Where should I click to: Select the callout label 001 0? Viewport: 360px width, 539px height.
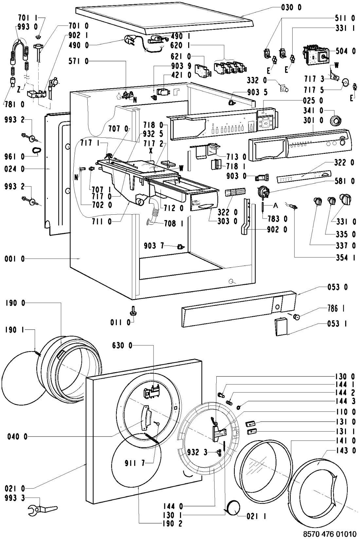tap(15, 259)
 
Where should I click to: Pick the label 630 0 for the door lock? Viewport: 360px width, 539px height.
tap(122, 345)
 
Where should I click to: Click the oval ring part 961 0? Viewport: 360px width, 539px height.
tap(36, 150)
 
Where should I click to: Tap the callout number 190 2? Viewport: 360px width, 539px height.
tap(170, 524)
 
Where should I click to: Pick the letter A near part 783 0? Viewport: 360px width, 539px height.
tap(276, 205)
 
